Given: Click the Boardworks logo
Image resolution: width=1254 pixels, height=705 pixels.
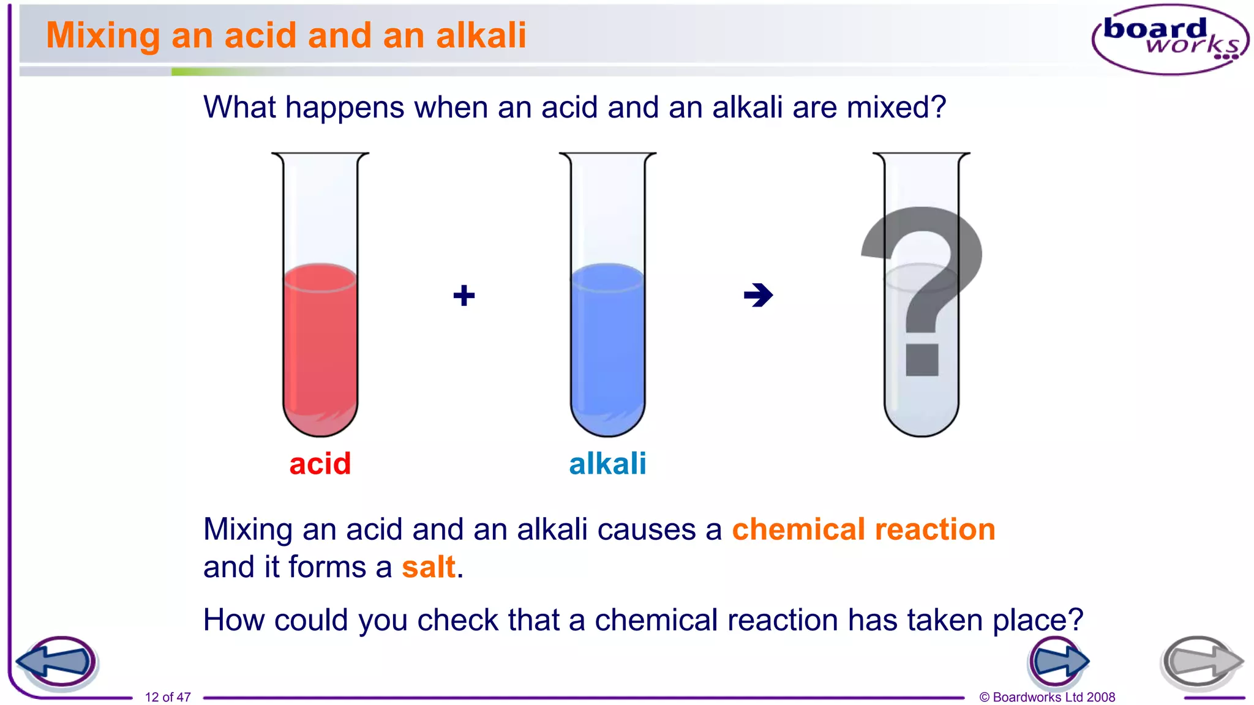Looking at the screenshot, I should (1170, 39).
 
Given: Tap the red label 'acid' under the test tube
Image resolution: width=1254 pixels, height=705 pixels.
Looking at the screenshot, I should (320, 464).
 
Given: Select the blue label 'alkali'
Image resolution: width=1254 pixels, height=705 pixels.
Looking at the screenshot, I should (607, 464).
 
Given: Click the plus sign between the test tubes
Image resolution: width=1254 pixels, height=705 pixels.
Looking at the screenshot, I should (464, 296).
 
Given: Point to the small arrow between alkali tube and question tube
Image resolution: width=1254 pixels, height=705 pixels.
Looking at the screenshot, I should (758, 296).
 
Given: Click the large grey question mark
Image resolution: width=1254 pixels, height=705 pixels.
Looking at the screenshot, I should (922, 288).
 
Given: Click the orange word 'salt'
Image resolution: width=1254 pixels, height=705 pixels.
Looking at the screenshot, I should (429, 567).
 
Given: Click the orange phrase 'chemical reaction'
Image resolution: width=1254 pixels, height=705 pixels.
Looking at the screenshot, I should (863, 529).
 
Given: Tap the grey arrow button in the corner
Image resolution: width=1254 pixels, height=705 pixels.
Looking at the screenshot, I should (1201, 662).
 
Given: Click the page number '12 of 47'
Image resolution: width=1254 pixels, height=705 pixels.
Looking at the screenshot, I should (168, 697).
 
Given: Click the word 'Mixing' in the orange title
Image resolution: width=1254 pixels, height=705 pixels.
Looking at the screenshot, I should (103, 35).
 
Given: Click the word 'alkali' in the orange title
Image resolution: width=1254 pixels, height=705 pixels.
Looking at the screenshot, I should (481, 35).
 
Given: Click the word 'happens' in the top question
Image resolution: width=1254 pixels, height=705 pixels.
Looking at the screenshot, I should (345, 108).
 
